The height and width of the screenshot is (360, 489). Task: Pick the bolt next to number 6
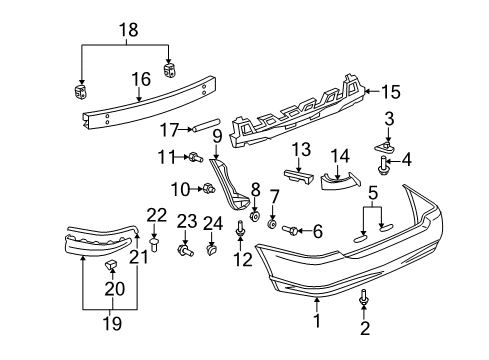click(x=292, y=231)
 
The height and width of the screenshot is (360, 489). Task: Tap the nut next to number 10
click(x=208, y=188)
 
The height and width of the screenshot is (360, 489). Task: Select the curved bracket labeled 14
click(x=339, y=182)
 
